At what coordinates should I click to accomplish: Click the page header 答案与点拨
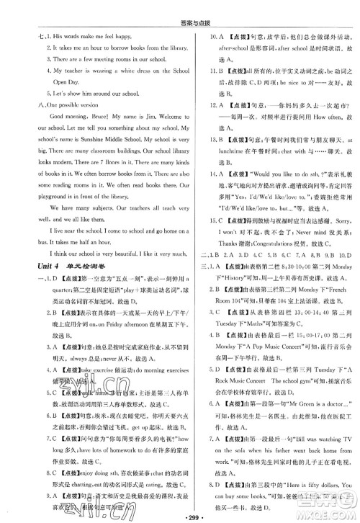(179, 9)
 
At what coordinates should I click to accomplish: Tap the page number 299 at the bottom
(179, 516)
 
